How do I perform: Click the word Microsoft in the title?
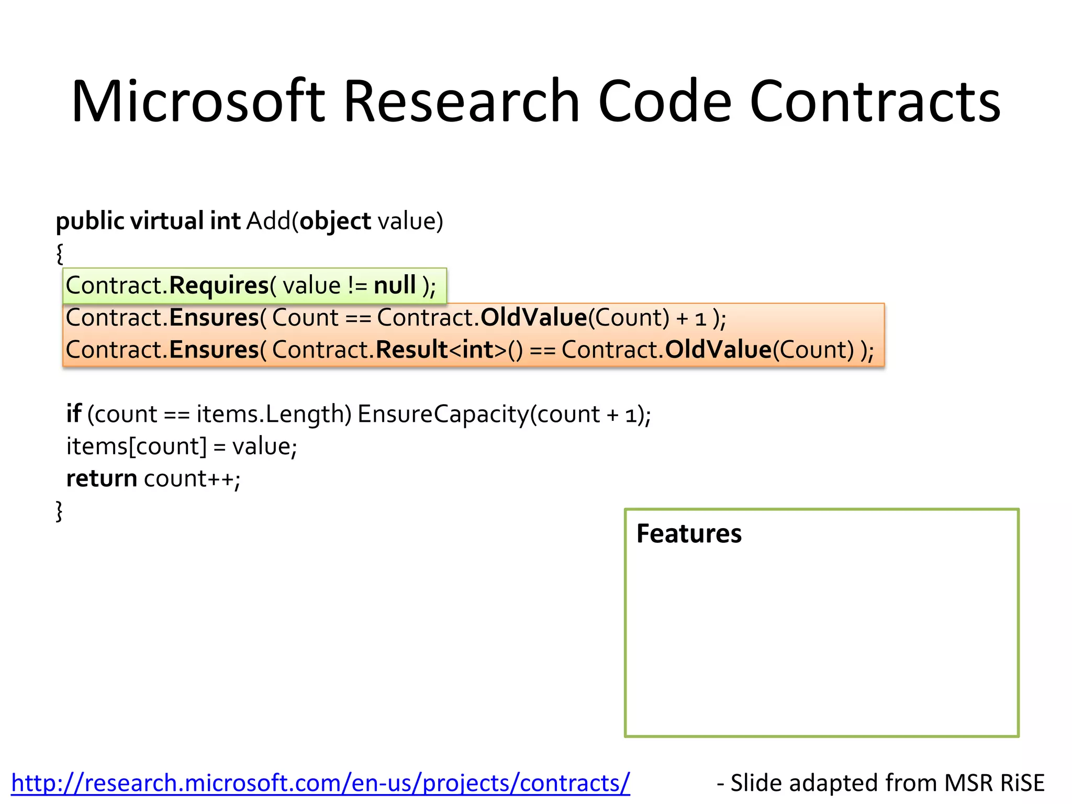[x=198, y=101]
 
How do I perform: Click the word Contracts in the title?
[x=875, y=101]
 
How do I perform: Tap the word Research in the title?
[x=461, y=101]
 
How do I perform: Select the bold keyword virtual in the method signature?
[x=166, y=221]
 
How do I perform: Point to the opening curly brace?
[x=60, y=254]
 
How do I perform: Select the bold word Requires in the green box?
[x=219, y=286]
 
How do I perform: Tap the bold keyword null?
[x=394, y=286]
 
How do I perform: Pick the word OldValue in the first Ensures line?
[x=533, y=318]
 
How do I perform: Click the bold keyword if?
[x=73, y=414]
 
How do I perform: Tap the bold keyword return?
[x=102, y=478]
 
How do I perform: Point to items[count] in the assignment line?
[x=137, y=446]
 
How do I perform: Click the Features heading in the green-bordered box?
[x=688, y=534]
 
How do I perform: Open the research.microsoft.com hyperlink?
[x=320, y=783]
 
